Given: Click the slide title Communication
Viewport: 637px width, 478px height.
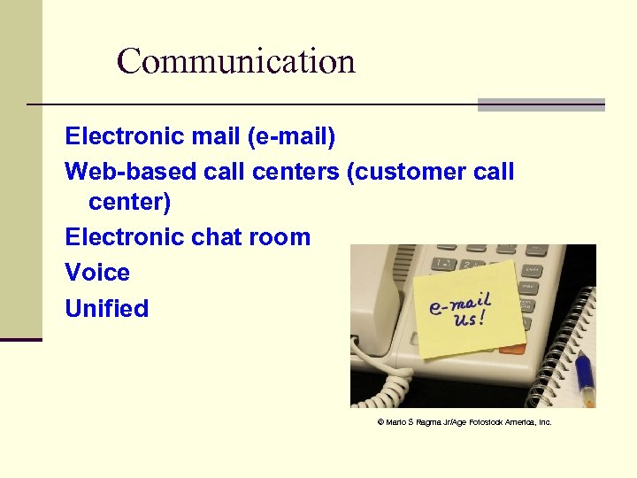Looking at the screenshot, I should (x=235, y=61).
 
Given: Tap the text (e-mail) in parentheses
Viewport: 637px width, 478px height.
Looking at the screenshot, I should (x=291, y=137).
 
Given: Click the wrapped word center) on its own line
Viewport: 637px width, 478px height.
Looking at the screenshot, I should (x=129, y=203).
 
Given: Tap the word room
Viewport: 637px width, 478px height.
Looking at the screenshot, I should (x=280, y=237).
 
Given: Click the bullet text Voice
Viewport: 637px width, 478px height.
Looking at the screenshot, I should (x=97, y=273).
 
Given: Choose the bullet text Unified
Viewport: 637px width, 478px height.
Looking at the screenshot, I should (x=107, y=309).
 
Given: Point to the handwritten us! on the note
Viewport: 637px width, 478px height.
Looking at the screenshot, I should (x=469, y=320).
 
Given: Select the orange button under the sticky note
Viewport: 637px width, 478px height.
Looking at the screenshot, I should (x=512, y=349).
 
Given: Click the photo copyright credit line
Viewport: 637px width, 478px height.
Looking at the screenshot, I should (x=464, y=422).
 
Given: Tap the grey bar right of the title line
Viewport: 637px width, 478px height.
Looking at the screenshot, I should (x=541, y=104).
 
